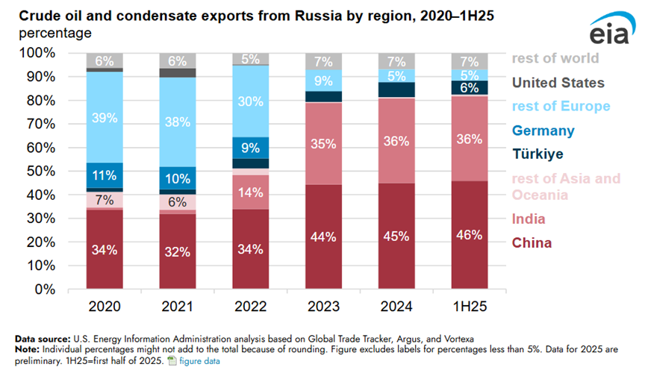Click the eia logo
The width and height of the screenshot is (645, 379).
coord(609,31)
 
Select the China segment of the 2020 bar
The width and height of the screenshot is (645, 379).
coord(105,249)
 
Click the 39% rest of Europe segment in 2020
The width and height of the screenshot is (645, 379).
coord(105,117)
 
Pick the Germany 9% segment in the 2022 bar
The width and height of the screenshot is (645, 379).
coord(252,148)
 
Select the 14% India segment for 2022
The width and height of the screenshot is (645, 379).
coord(252,192)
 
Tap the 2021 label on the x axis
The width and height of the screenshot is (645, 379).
coord(178,307)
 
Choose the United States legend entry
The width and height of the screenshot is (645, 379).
coord(558,83)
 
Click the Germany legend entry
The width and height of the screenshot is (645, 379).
coord(543,131)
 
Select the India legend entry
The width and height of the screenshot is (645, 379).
coord(528,219)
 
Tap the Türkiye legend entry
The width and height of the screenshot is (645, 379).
coord(538,154)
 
